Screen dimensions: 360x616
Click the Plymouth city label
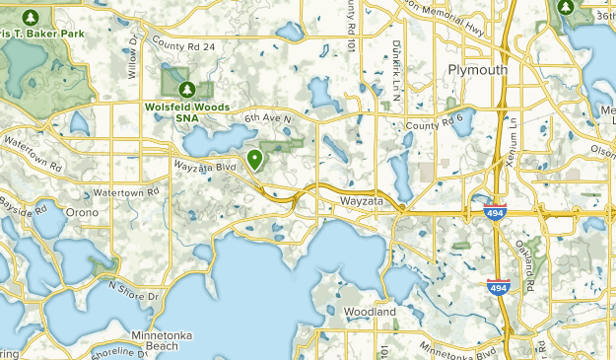click(x=478, y=70)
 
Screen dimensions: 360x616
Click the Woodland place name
click(x=370, y=313)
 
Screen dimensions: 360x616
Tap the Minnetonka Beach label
click(x=149, y=340)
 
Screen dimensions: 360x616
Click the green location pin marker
click(x=255, y=159)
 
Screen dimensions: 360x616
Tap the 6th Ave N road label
click(x=269, y=119)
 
